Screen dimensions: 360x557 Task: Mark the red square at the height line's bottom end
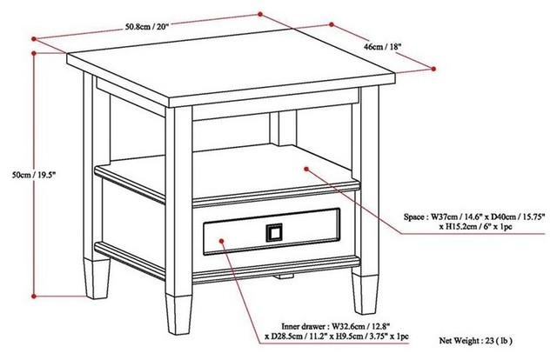tap(34, 294)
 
